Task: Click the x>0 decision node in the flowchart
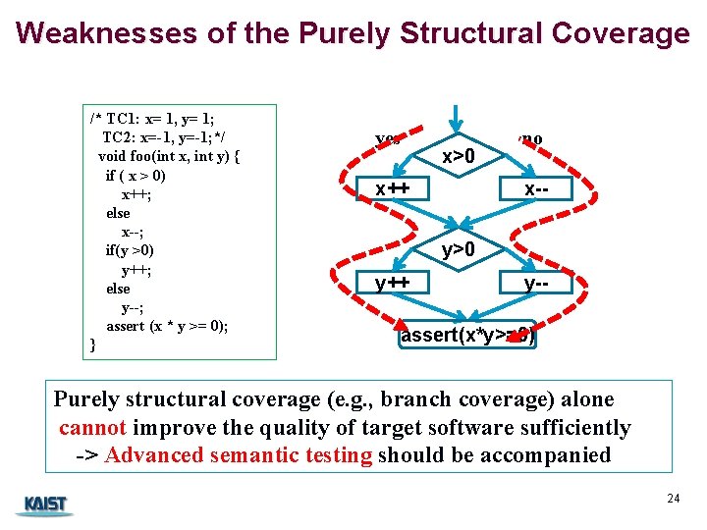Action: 459,156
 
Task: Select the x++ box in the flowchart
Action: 384,187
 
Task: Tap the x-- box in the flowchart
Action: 534,187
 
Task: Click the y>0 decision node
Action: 459,250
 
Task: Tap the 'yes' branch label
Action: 388,138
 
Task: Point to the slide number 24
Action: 673,499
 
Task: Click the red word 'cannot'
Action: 92,428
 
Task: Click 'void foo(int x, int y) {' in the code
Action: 169,156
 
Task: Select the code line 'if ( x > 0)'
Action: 136,176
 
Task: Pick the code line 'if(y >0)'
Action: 130,250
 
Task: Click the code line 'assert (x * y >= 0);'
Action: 167,326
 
